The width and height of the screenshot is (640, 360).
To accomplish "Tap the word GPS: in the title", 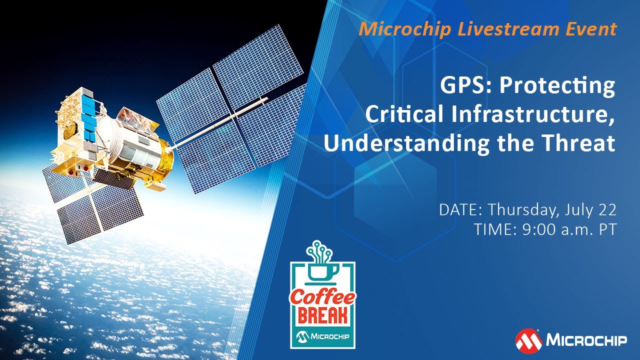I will pyautogui.click(x=466, y=86).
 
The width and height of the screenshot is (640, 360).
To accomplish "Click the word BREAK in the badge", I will pyautogui.click(x=322, y=316).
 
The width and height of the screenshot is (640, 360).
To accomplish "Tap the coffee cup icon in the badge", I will pyautogui.click(x=323, y=272).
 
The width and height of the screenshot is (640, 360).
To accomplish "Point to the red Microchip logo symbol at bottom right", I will pyautogui.click(x=528, y=341).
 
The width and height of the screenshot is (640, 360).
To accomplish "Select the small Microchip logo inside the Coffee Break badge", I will pyautogui.click(x=322, y=336).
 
